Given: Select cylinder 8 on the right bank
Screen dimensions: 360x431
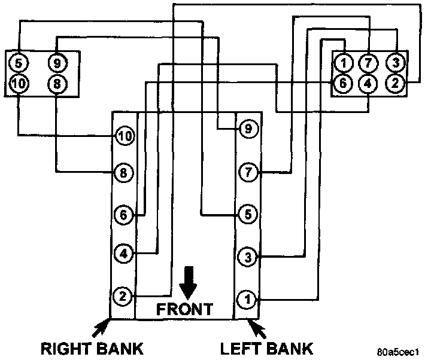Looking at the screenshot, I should point(123,173).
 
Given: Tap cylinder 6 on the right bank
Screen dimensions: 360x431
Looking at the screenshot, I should point(123,214).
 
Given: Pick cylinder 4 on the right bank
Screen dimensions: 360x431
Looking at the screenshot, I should point(123,254).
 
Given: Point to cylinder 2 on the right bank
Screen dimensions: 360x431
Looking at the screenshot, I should point(122,295).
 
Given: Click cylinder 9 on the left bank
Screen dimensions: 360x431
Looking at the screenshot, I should point(247,128).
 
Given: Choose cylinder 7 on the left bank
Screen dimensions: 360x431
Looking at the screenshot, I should point(247,172).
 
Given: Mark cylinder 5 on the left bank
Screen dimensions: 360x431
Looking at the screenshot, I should point(247,213).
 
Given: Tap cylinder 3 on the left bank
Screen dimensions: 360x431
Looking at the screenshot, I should point(247,258).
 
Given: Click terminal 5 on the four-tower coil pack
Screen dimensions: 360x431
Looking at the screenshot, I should point(19,62).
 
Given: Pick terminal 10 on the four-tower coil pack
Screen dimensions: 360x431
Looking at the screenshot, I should point(19,84).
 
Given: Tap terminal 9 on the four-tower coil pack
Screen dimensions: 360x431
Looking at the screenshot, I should point(57,62).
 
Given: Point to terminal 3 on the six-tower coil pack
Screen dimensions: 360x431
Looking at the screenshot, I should point(396,62).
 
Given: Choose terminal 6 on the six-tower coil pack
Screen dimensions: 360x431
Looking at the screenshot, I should point(343,83).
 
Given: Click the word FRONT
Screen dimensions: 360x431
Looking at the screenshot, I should point(184,309).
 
